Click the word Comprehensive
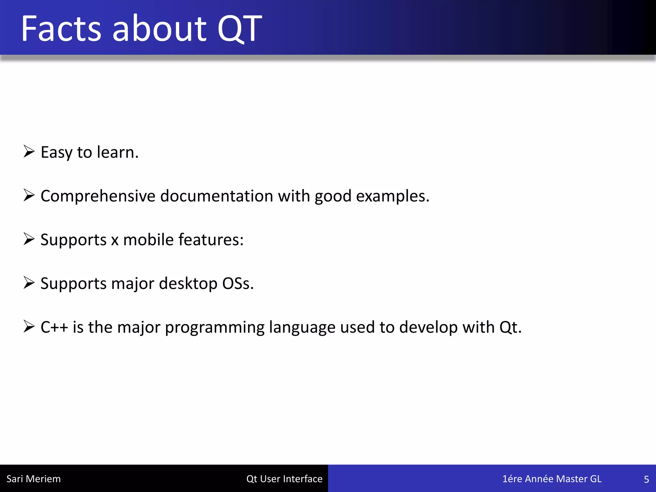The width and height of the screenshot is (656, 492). (x=98, y=196)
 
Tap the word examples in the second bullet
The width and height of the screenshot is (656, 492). (x=392, y=196)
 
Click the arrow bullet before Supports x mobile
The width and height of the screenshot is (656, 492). (x=29, y=239)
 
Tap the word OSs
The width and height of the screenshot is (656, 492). (x=238, y=283)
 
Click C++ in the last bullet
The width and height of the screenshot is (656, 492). (x=54, y=327)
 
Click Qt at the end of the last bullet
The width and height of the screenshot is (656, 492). (x=510, y=327)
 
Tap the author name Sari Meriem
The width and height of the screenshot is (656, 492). (x=34, y=479)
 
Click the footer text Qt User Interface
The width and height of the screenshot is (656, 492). (x=284, y=479)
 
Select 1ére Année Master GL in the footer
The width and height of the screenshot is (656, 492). (x=552, y=479)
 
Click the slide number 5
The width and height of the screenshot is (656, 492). (x=646, y=479)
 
